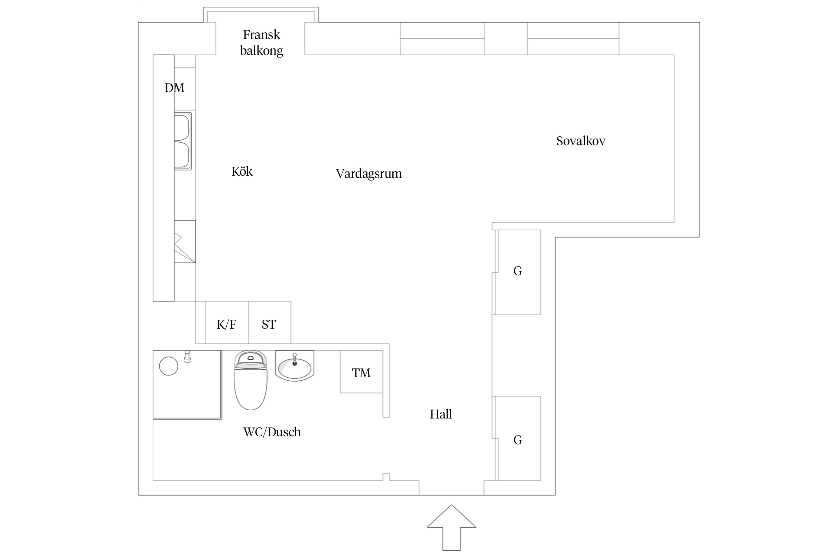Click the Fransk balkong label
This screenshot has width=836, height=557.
[x=261, y=42]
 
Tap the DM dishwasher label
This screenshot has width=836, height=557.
[x=174, y=88]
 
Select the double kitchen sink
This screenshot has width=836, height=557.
[x=183, y=141]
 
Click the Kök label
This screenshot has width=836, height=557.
[x=242, y=172]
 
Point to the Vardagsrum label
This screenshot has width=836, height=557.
[x=369, y=174]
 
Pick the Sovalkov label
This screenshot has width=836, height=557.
[x=580, y=141]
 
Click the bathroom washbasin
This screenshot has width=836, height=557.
[x=295, y=368]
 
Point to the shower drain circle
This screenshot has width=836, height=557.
[x=169, y=366]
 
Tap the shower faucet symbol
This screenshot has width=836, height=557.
[x=188, y=357]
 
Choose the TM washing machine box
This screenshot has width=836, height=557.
[x=361, y=372]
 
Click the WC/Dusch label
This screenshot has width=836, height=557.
[x=272, y=432]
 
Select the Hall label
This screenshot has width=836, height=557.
[x=441, y=414]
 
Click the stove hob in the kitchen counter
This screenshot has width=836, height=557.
[x=185, y=242]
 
